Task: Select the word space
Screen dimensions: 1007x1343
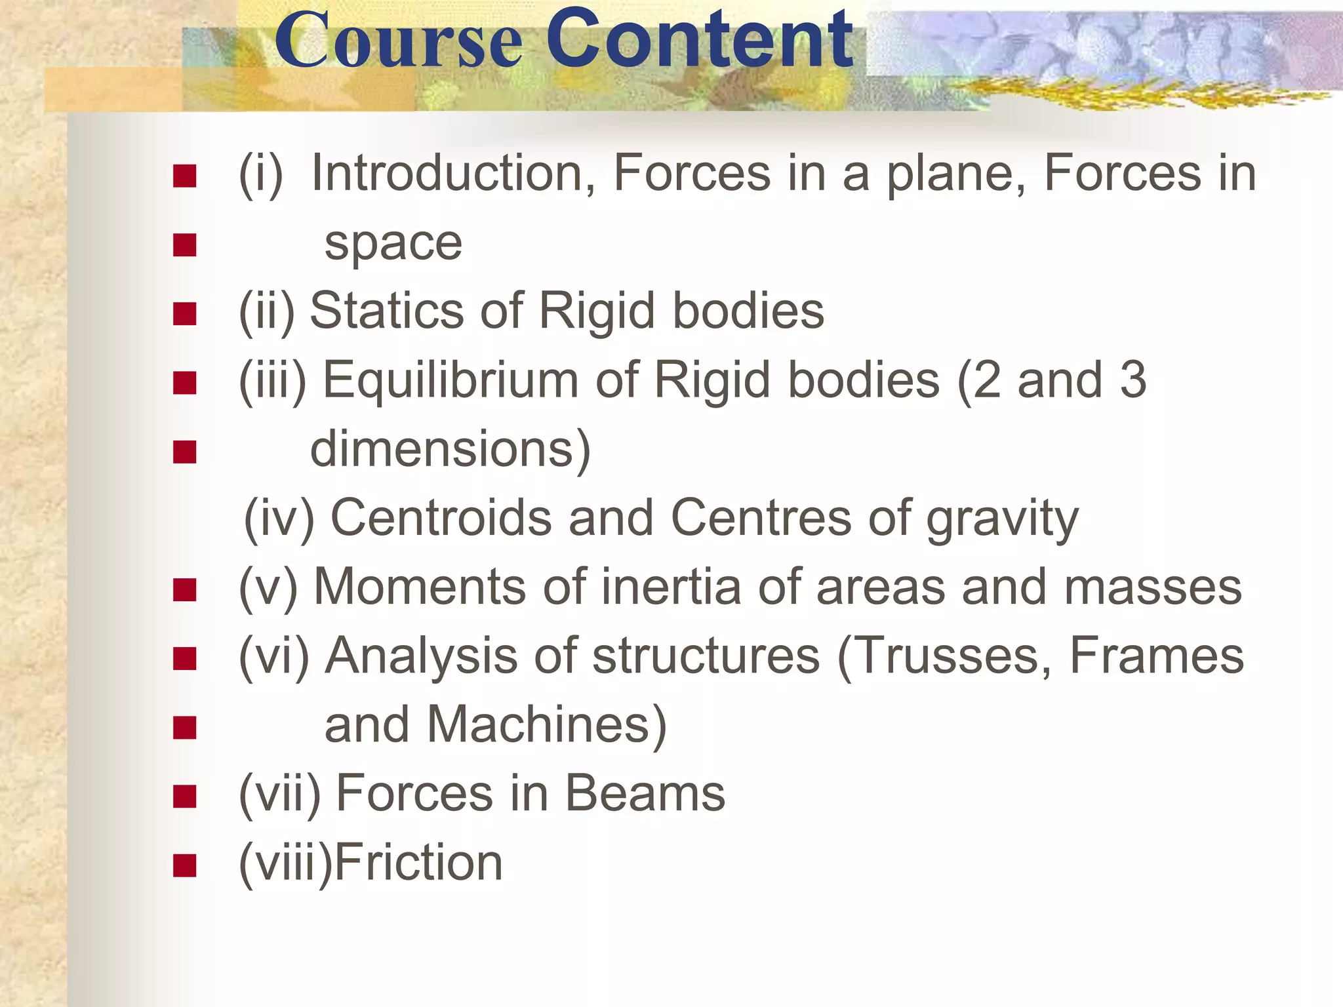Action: click(393, 244)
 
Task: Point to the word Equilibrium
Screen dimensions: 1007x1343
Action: click(451, 380)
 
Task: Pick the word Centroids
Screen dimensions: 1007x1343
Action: click(441, 518)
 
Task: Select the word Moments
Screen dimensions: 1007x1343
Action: click(420, 587)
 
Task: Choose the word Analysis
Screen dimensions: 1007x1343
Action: click(422, 656)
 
